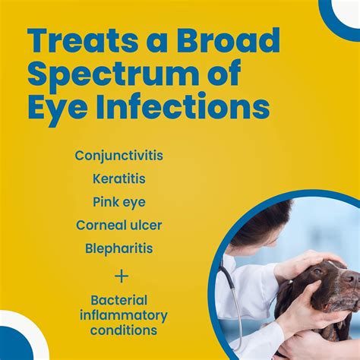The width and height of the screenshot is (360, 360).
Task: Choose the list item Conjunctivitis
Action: pos(118,156)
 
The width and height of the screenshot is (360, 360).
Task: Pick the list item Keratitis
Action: pos(118,178)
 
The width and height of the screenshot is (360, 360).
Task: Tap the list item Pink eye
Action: pos(118,202)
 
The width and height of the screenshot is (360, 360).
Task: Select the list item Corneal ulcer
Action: pos(118,225)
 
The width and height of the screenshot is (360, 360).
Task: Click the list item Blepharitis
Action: pos(118,248)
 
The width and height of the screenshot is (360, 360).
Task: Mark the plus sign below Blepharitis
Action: pos(122,273)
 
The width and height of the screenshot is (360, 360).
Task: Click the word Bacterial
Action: pos(118,301)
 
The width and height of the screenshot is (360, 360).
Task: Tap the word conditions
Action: pos(124,330)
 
